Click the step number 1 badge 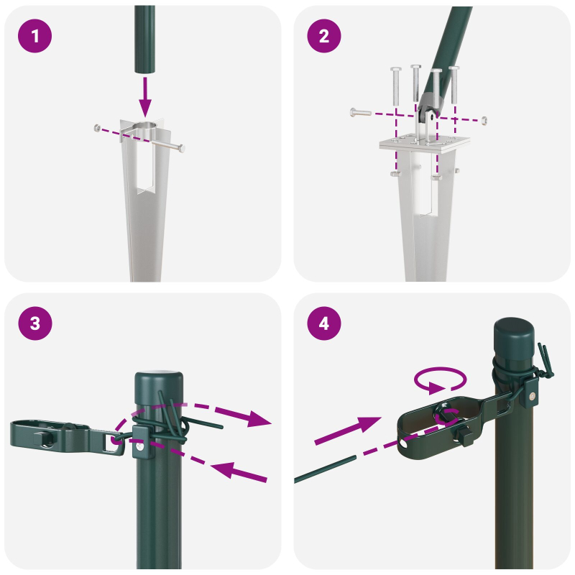click(x=35, y=35)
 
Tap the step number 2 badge click(x=324, y=35)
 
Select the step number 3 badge click(x=35, y=323)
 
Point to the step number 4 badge click(x=324, y=323)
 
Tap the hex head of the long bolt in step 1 click(x=180, y=148)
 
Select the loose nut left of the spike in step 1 click(x=97, y=128)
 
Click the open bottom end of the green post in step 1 click(x=144, y=70)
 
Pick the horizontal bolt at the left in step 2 click(x=360, y=112)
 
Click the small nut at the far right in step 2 click(x=485, y=119)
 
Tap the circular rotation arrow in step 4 click(x=440, y=381)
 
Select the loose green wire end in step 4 click(x=323, y=471)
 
